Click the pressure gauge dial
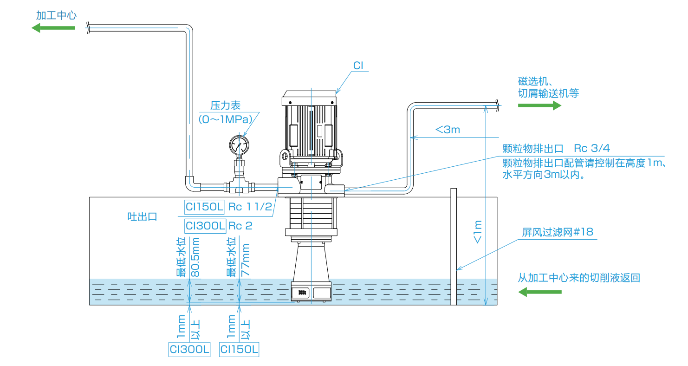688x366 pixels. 239,145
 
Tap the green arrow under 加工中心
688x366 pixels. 53,28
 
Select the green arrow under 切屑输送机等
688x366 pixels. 539,105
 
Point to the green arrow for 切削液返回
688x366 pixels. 539,292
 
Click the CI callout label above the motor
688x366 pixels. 358,65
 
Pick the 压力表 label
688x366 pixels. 225,105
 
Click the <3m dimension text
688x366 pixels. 448,130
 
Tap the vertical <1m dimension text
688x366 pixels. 478,232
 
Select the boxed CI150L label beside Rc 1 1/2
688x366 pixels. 204,207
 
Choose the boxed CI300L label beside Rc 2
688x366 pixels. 206,226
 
